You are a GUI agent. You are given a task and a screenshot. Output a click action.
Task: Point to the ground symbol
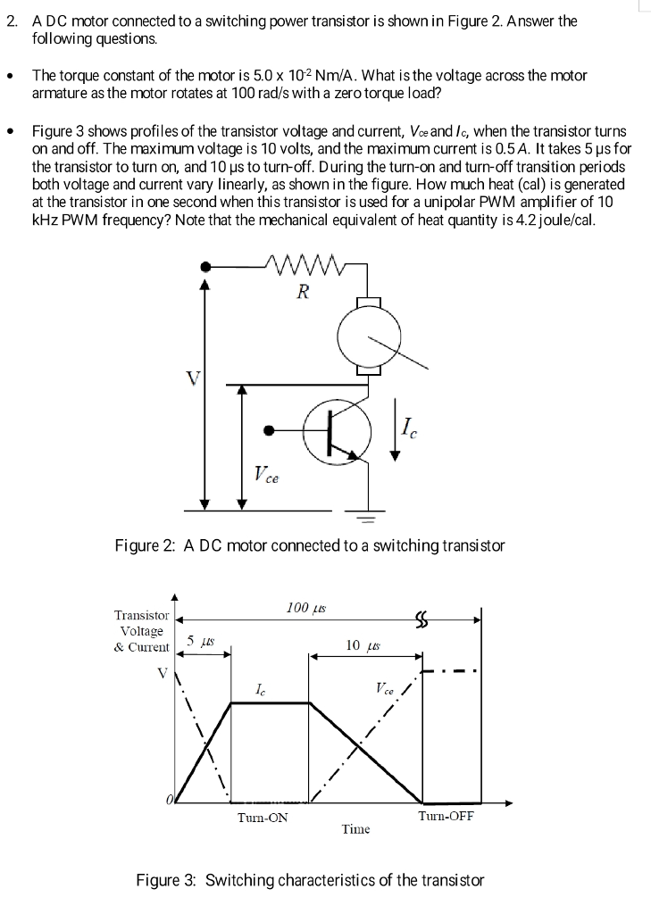pos(369,516)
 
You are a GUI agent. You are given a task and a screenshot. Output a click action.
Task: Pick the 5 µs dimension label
pos(201,641)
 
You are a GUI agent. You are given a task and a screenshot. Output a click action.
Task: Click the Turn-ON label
pos(263,817)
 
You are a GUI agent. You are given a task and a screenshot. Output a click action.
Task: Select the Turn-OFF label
pos(446,816)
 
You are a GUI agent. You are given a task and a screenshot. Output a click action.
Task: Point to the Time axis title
pos(355,829)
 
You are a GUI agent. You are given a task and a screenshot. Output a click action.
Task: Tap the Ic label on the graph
pos(259,688)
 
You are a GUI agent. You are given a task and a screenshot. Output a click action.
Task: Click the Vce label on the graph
pos(385,688)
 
